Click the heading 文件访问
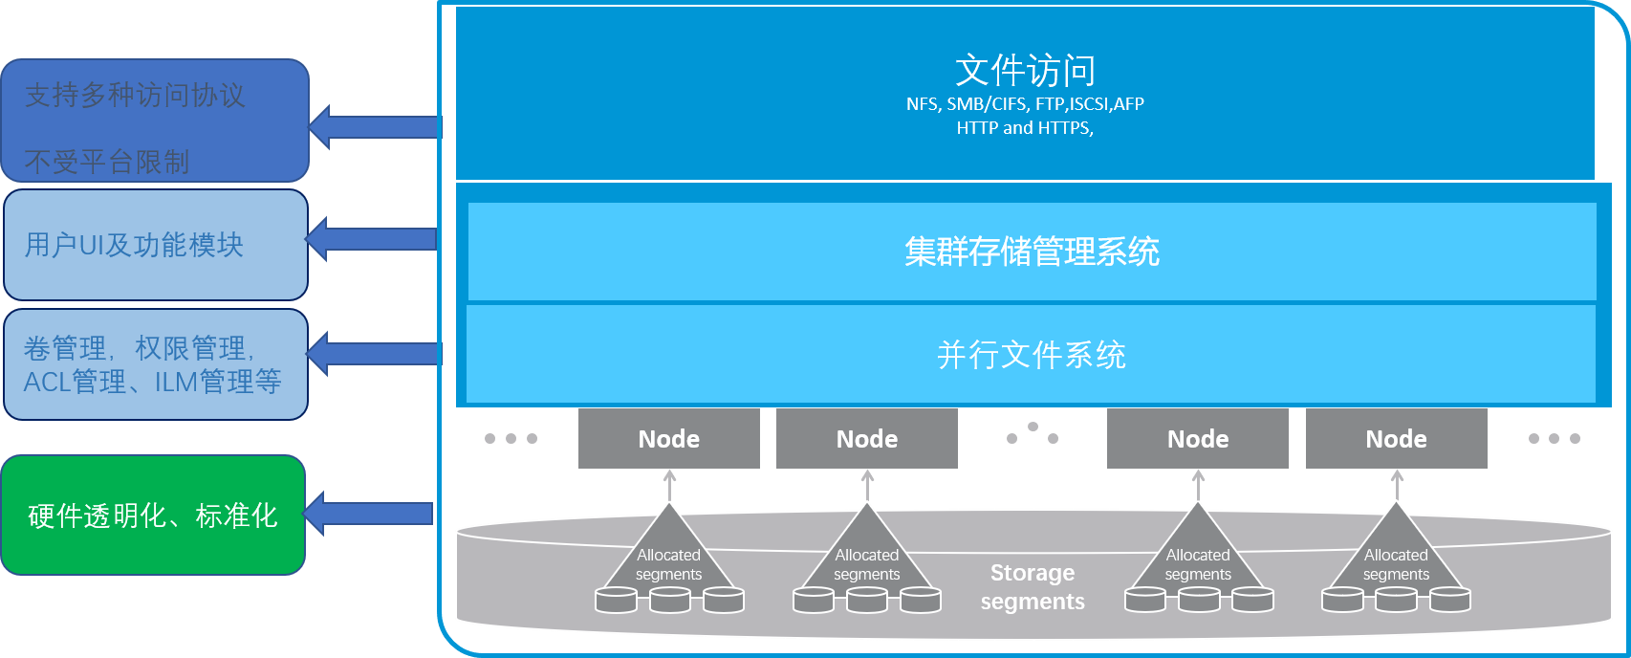1025,71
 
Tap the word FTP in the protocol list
1049,104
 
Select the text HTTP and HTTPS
1024,128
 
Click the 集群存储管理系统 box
1032,252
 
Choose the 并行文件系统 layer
1032,355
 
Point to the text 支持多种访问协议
135,95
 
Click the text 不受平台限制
107,162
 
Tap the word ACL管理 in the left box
75,383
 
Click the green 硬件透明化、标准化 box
153,515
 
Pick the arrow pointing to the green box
368,515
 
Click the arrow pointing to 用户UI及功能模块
371,239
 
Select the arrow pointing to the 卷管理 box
373,354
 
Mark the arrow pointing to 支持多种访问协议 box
375,126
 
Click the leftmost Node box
668,439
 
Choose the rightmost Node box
1396,439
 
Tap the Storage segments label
1033,587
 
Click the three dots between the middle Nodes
1033,434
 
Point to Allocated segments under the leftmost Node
668,564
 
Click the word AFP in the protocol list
1129,104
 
